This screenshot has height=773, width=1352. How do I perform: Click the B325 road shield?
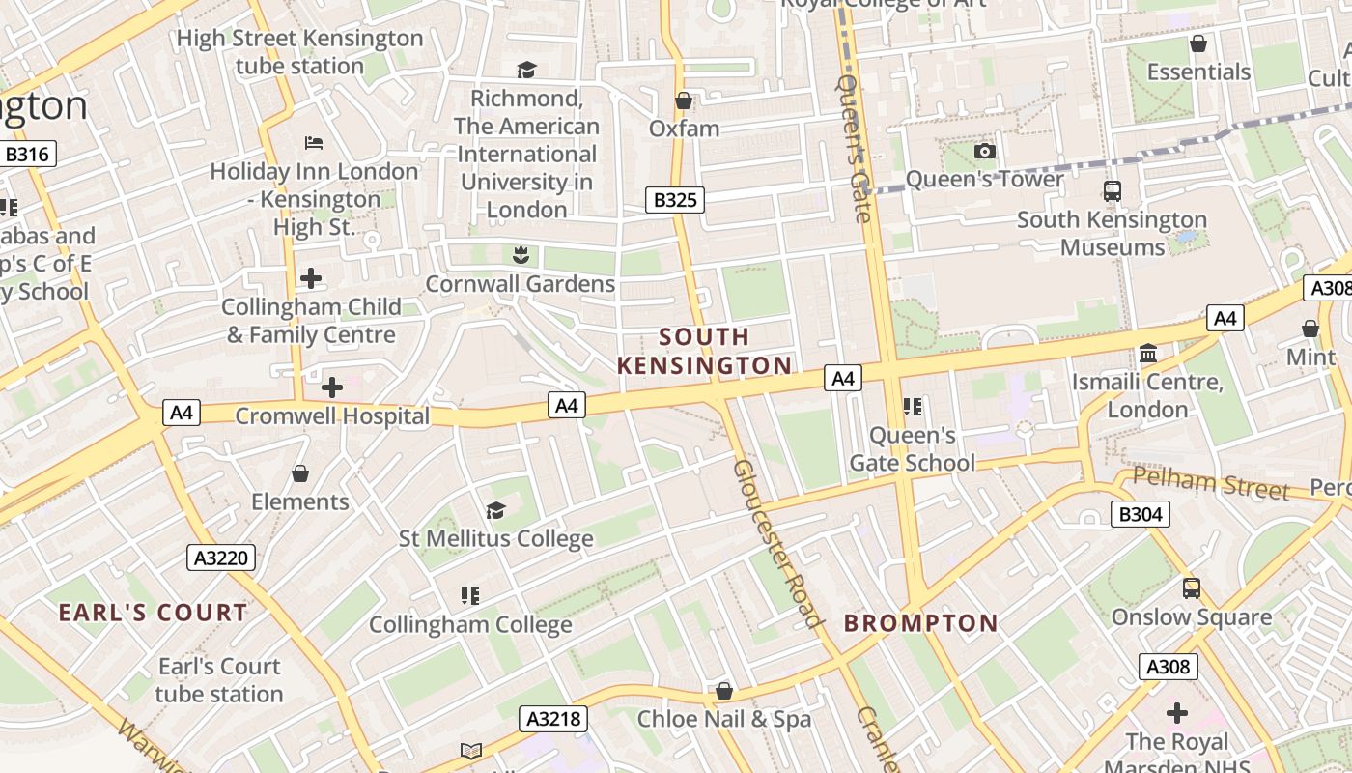674,200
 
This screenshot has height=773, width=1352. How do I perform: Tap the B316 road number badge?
30,154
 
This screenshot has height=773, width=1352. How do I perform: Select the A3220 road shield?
221,558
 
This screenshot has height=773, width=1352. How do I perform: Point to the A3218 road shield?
554,718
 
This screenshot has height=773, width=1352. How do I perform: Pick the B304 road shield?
1140,514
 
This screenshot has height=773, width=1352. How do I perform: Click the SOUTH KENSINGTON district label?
704,351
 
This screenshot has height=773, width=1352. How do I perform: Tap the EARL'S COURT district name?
153,613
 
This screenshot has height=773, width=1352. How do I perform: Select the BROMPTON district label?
920,623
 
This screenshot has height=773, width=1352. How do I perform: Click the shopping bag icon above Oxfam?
684,100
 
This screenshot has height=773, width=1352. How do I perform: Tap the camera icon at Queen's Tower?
984,152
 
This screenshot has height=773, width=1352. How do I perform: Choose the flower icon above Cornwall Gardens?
521,255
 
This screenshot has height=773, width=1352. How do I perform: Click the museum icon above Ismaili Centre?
1148,354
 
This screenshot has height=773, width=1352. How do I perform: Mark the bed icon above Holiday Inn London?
314,143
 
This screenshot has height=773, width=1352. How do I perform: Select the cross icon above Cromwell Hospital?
331,387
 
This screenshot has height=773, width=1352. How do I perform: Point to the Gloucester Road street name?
777,543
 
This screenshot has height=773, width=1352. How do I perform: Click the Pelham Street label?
1211,482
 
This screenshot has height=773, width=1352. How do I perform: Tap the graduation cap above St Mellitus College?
495,510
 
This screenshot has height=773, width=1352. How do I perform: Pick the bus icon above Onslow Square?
1192,588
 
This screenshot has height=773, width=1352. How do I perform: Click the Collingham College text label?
470,625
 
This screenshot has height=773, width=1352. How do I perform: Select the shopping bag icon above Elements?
300,473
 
